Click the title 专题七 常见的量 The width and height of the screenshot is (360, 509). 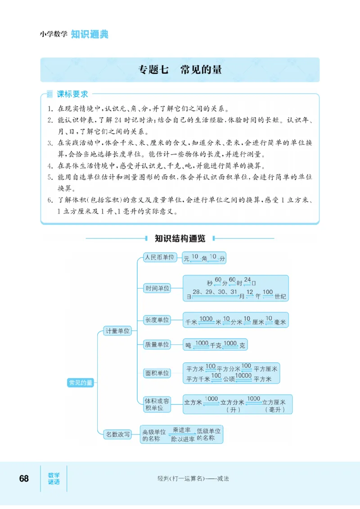(x=180, y=70)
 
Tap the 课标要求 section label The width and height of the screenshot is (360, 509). (x=72, y=94)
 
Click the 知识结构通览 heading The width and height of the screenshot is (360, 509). (x=180, y=238)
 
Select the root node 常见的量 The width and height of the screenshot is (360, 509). (x=81, y=383)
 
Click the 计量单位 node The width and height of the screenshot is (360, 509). (x=117, y=331)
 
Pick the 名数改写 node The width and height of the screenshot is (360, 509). (x=117, y=434)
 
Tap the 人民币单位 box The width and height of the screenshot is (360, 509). (x=158, y=257)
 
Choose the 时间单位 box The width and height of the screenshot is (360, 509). (x=157, y=288)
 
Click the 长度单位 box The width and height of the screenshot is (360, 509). (x=157, y=320)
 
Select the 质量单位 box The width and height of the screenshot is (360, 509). (x=157, y=344)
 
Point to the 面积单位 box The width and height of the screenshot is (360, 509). (x=157, y=373)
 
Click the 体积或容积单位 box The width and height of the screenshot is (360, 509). (x=157, y=404)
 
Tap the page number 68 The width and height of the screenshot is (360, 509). (x=24, y=478)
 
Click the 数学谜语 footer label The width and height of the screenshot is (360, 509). (x=54, y=478)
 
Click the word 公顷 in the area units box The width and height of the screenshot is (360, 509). (x=229, y=379)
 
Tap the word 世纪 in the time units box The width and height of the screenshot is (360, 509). (x=280, y=296)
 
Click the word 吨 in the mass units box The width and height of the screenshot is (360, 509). (x=189, y=346)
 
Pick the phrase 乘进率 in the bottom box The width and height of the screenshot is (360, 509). (x=181, y=430)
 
